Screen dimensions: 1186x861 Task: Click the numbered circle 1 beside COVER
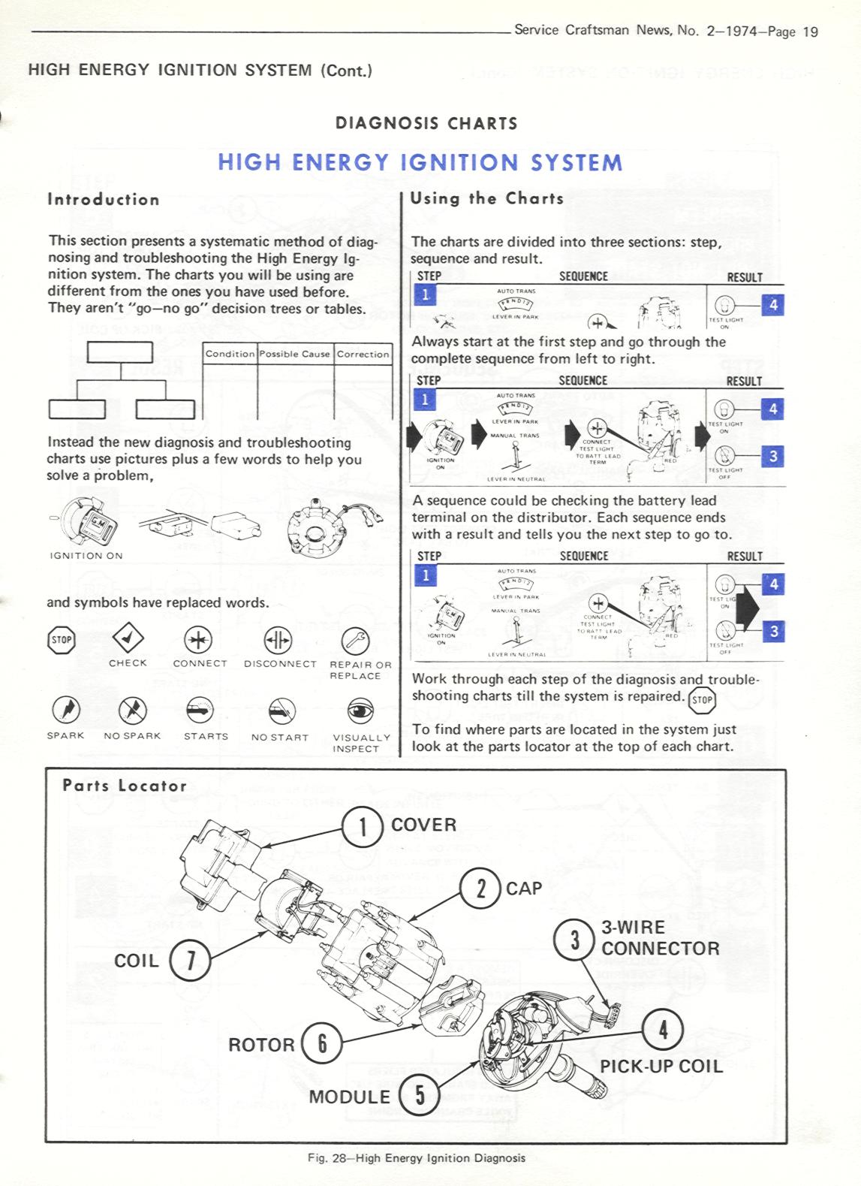pos(363,826)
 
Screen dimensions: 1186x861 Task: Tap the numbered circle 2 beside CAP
pos(480,889)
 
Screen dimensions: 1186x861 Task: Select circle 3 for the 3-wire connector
pos(574,939)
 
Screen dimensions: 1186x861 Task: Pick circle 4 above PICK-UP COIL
pos(662,1029)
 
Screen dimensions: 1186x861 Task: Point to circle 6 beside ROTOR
pos(321,1043)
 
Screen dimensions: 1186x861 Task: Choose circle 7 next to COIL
pos(190,961)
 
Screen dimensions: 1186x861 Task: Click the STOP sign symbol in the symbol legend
pos(62,640)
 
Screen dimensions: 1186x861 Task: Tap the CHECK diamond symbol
pos(128,639)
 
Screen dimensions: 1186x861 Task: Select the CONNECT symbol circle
pos(198,640)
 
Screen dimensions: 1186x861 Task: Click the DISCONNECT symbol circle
pos(278,641)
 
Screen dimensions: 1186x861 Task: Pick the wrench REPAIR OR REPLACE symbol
pos(355,641)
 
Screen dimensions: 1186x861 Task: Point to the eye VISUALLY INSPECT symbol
pos(361,711)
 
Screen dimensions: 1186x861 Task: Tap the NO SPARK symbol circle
pos(133,709)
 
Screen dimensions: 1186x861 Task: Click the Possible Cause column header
pos(295,354)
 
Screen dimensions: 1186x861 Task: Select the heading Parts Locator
pos(125,786)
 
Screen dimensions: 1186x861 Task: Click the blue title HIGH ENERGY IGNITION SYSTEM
pos(420,163)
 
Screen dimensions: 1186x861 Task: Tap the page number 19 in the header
pos(810,32)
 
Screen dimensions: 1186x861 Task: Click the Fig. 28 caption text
pos(417,1157)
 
